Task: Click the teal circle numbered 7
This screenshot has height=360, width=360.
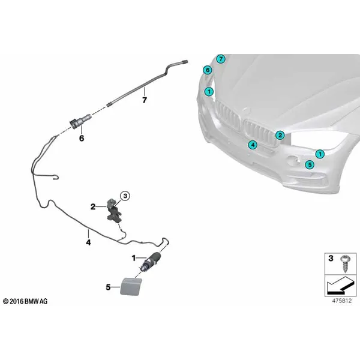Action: pyautogui.click(x=221, y=59)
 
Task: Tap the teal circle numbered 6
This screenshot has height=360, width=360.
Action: pyautogui.click(x=208, y=70)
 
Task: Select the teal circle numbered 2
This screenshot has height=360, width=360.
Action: pyautogui.click(x=280, y=135)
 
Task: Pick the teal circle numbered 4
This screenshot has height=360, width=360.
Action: pyautogui.click(x=253, y=145)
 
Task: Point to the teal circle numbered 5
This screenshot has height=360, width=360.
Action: pyautogui.click(x=310, y=164)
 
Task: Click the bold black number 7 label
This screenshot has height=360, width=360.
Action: pyautogui.click(x=145, y=100)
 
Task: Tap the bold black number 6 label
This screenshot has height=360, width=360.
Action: pyautogui.click(x=82, y=138)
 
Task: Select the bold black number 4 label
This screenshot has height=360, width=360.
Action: pyautogui.click(x=88, y=242)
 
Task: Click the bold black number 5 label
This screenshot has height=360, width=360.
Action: pyautogui.click(x=108, y=287)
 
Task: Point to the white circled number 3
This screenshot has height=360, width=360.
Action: pyautogui.click(x=125, y=196)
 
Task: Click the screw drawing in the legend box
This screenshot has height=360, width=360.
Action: pyautogui.click(x=344, y=263)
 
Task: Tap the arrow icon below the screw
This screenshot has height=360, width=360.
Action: pyautogui.click(x=340, y=286)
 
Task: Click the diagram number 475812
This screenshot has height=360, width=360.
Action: pyautogui.click(x=342, y=301)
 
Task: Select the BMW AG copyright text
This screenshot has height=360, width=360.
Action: pyautogui.click(x=25, y=301)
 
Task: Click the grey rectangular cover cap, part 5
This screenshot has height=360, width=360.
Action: pyautogui.click(x=131, y=286)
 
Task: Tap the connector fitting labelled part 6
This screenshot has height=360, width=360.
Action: pyautogui.click(x=80, y=121)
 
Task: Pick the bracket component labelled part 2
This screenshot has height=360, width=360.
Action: pyautogui.click(x=113, y=211)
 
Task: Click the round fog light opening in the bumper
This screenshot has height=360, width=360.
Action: pyautogui.click(x=293, y=160)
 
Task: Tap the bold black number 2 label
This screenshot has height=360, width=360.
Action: pyautogui.click(x=93, y=207)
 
